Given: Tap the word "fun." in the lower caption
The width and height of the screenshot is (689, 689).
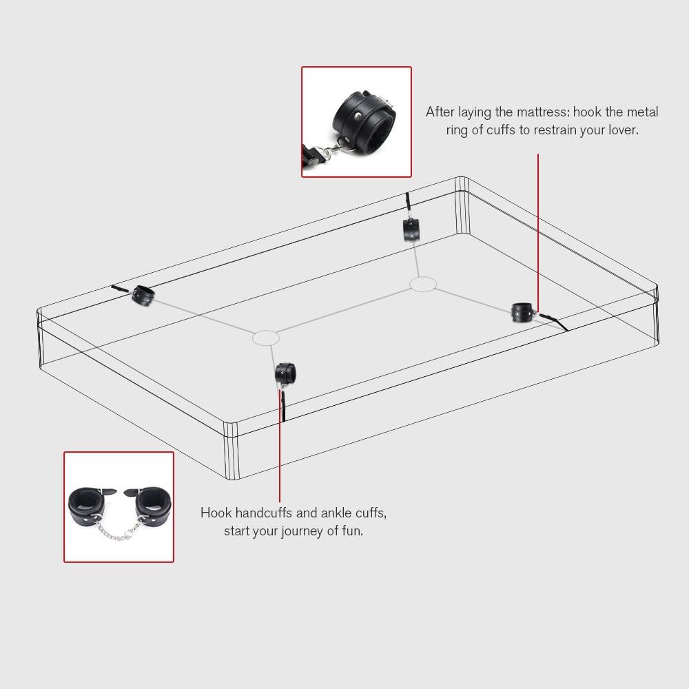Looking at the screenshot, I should point(349,531).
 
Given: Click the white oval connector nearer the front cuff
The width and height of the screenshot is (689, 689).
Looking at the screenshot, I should point(265,338).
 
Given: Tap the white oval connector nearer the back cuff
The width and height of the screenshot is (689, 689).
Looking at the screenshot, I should point(423,284).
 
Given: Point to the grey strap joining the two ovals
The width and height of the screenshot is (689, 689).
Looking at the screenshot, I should point(344,311).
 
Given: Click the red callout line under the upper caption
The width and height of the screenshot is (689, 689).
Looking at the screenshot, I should point(537,227).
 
